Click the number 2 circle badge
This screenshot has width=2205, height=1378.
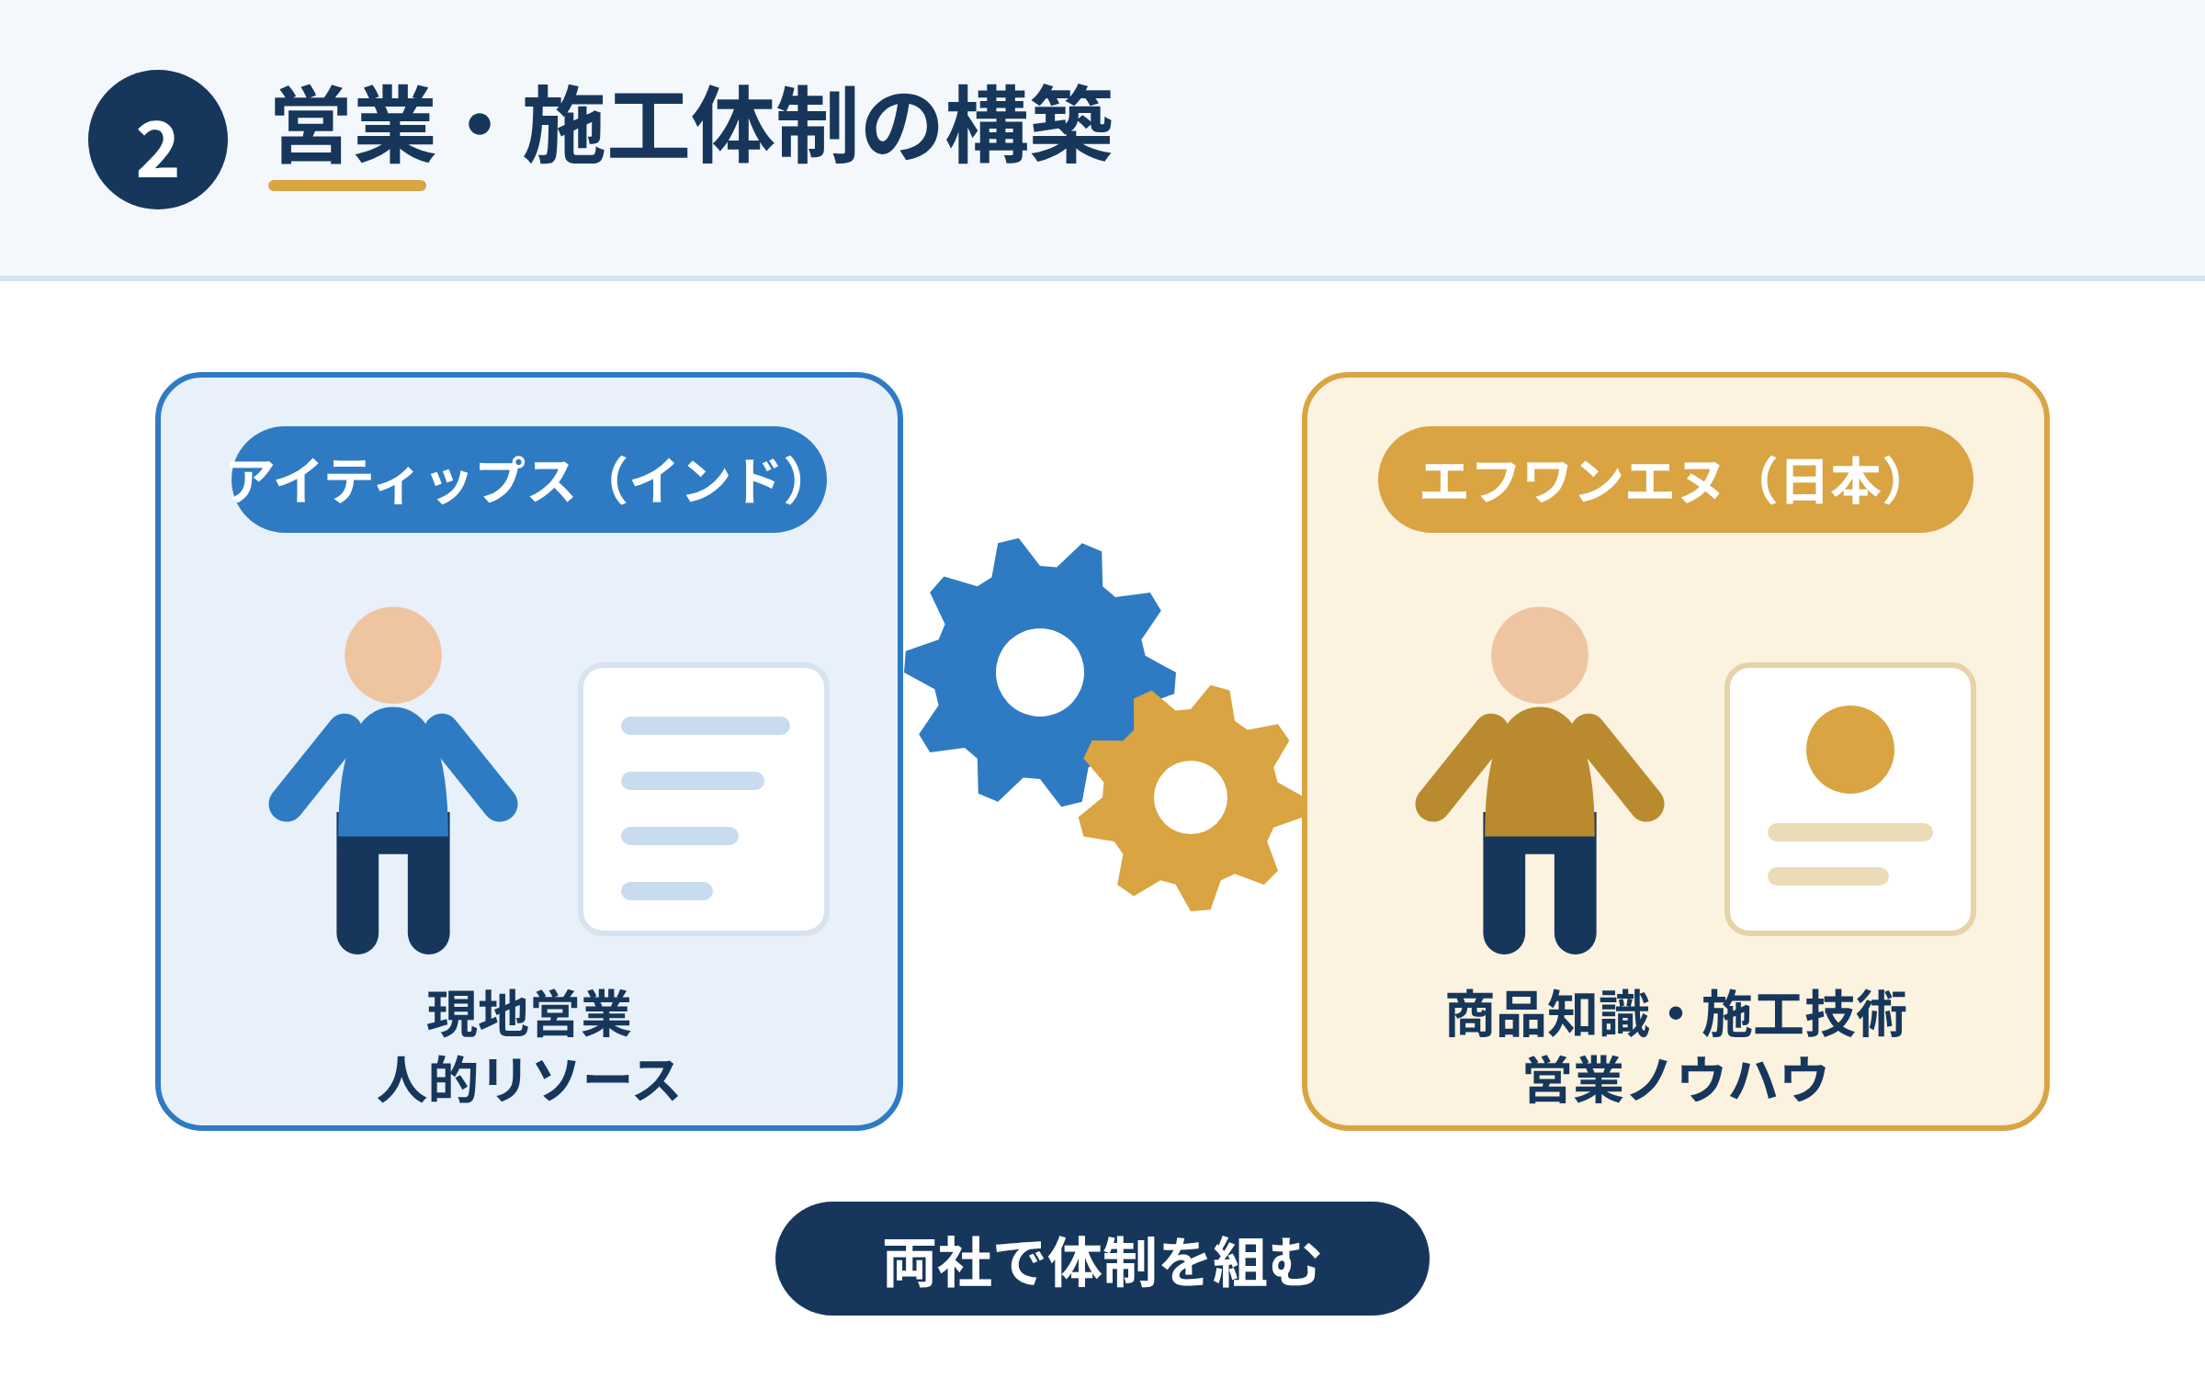point(158,140)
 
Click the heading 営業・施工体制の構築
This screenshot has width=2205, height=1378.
point(694,125)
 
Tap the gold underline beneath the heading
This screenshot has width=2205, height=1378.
point(347,186)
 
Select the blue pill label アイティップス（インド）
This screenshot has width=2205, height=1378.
point(528,480)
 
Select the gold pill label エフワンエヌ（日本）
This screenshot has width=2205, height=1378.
point(1676,480)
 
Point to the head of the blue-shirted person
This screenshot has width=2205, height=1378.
point(393,655)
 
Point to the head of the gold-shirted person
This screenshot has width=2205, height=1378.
point(1540,655)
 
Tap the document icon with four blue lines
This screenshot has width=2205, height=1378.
point(704,799)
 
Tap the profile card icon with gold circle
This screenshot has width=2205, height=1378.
point(1850,799)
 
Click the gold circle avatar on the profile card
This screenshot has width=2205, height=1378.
point(1850,750)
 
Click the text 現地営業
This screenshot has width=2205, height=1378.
point(529,1014)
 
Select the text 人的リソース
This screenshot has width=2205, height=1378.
point(529,1079)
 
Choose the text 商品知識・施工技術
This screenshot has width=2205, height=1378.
point(1676,1014)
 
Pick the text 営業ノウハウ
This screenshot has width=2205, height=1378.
point(1676,1079)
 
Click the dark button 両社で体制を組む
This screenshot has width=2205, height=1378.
point(1102,1259)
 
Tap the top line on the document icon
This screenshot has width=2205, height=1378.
point(706,726)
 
